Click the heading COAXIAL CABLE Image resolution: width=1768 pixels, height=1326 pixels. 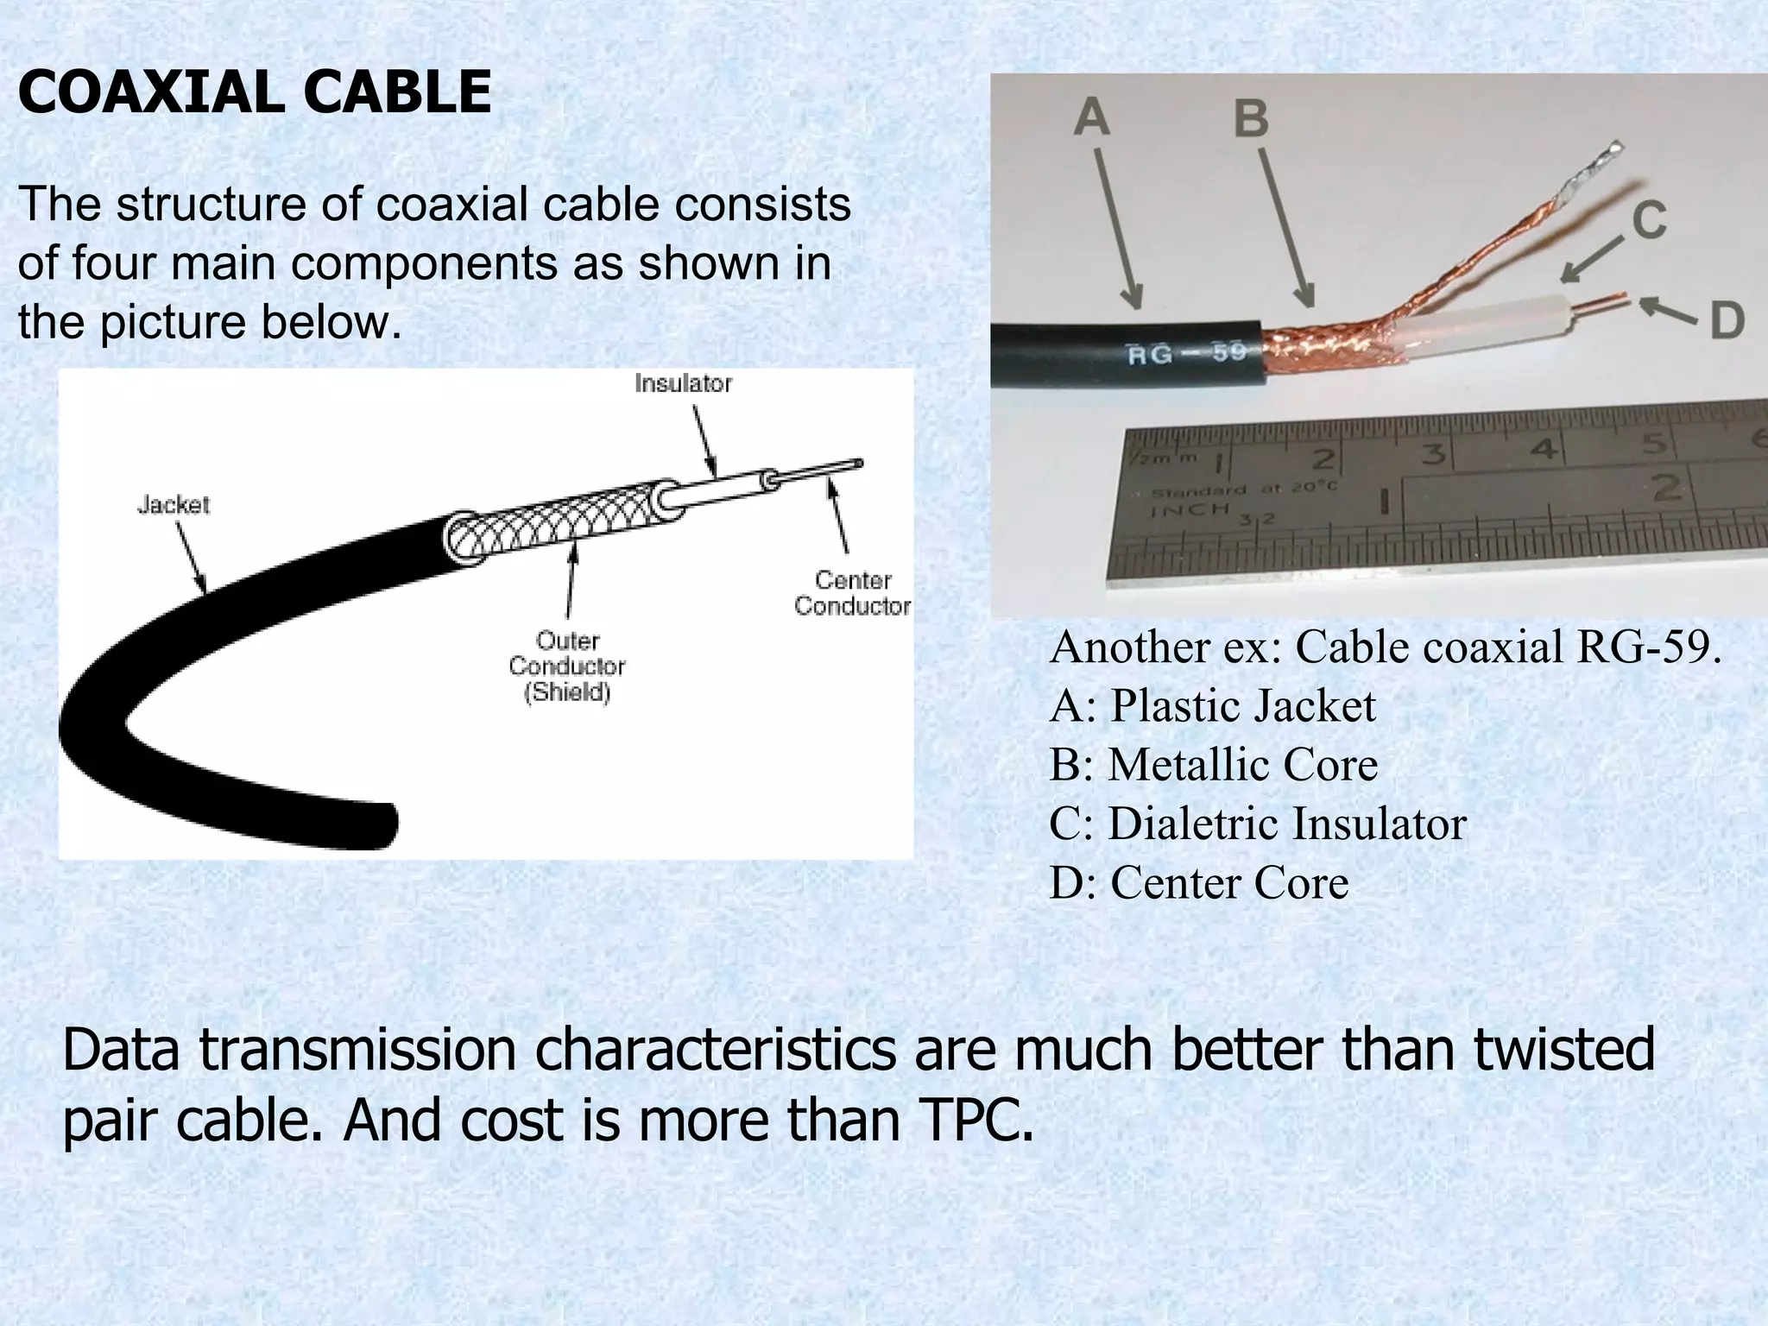(x=255, y=92)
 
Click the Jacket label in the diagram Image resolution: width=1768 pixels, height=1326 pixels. (x=174, y=504)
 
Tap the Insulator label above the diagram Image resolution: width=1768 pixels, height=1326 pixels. (x=683, y=383)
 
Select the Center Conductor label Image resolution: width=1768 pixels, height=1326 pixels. (x=852, y=593)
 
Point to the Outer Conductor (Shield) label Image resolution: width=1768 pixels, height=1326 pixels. (x=567, y=666)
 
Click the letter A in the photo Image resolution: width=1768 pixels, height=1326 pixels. (x=1091, y=117)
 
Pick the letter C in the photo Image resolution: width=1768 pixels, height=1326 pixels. (x=1648, y=220)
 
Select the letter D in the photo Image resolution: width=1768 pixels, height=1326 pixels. (x=1727, y=321)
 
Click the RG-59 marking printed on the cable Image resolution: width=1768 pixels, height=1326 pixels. (x=1186, y=354)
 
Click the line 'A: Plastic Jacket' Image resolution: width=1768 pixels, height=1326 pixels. (x=1212, y=705)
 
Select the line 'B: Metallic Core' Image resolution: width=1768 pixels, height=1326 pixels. (x=1214, y=764)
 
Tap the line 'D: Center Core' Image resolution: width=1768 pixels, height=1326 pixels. (x=1199, y=882)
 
